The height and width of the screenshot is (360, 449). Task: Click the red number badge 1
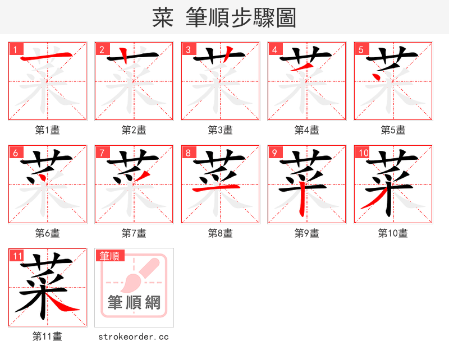click(x=15, y=49)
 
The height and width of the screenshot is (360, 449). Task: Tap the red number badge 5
click(x=360, y=49)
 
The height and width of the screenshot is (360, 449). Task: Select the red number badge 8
click(x=187, y=153)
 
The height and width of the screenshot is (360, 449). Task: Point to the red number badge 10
click(x=363, y=153)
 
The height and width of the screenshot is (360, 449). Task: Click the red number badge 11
click(x=17, y=256)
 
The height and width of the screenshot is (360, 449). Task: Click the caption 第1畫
click(x=48, y=130)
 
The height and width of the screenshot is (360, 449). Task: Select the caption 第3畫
click(x=221, y=130)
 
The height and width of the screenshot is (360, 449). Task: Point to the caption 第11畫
click(x=48, y=336)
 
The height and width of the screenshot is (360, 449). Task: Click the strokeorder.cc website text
click(x=134, y=336)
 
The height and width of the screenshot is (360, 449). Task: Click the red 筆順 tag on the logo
click(x=109, y=256)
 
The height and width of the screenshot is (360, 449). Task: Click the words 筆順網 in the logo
click(x=134, y=303)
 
